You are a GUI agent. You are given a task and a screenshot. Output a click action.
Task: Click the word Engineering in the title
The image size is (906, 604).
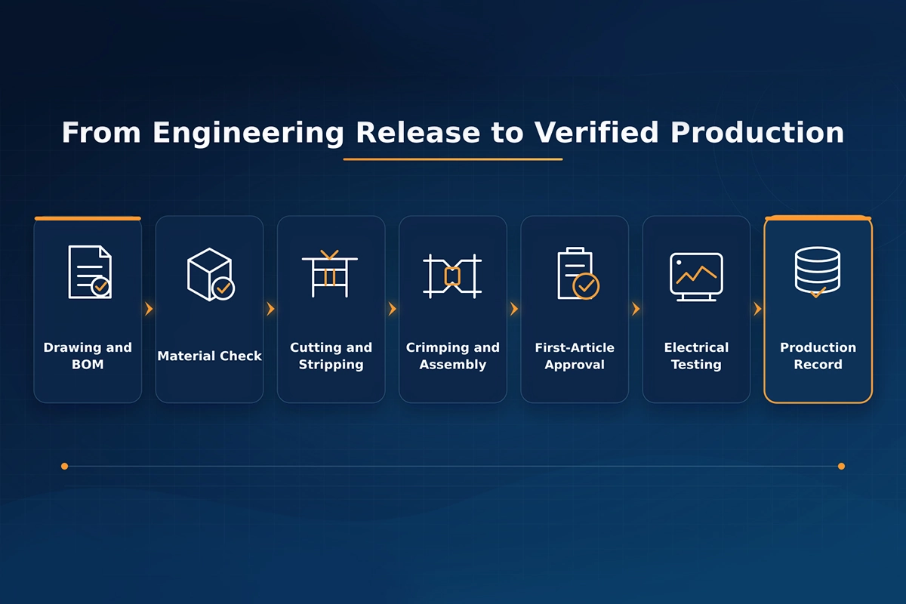tap(248, 133)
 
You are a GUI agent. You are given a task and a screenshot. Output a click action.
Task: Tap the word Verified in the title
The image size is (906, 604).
tap(596, 132)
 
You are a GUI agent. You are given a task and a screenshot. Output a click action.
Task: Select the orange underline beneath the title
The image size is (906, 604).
tap(453, 159)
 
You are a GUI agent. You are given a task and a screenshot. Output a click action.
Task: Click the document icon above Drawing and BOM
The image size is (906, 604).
tap(90, 273)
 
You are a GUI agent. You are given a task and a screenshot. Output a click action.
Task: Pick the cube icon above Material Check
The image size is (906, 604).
tap(211, 274)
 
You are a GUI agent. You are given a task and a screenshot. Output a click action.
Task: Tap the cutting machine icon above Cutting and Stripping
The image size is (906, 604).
tap(330, 274)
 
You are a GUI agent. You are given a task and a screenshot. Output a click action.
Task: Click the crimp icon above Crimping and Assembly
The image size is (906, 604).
tap(452, 276)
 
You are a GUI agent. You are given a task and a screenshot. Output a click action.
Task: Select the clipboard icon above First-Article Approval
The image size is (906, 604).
tap(578, 273)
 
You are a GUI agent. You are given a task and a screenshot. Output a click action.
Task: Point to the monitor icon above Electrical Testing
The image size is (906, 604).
tap(696, 277)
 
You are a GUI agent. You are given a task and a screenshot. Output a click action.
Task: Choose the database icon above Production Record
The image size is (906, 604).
tap(818, 272)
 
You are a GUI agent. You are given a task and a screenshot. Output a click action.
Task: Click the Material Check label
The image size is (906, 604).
tap(210, 356)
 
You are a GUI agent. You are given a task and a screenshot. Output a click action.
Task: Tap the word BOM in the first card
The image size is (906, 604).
tap(88, 365)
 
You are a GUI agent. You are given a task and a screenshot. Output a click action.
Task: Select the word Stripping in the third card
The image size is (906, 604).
tap(331, 365)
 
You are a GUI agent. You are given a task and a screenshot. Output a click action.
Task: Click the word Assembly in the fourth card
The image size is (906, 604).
tap(452, 365)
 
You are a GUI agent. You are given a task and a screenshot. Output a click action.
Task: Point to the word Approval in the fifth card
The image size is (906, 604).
tap(575, 365)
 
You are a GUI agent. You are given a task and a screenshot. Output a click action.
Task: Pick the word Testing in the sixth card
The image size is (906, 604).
tap(696, 365)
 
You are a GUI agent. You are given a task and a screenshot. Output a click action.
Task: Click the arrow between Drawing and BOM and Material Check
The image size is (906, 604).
tap(149, 309)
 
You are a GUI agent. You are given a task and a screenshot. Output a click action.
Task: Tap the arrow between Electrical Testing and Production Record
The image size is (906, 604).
tap(757, 309)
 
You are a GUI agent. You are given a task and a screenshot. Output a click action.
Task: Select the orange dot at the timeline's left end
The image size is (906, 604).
tap(64, 467)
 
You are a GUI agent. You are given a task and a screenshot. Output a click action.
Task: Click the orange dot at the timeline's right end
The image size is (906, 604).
tap(841, 467)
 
